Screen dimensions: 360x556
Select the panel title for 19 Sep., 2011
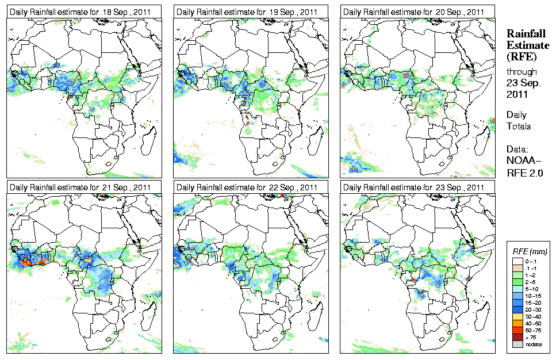pos(248,12)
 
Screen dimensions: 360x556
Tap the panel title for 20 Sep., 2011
pos(415,12)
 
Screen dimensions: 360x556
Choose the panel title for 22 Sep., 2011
pos(248,187)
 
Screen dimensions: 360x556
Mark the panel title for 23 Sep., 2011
pos(415,187)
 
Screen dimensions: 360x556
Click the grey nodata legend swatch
pos(517,344)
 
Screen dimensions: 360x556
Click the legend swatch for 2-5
pos(517,282)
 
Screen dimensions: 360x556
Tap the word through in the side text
pos(521,72)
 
